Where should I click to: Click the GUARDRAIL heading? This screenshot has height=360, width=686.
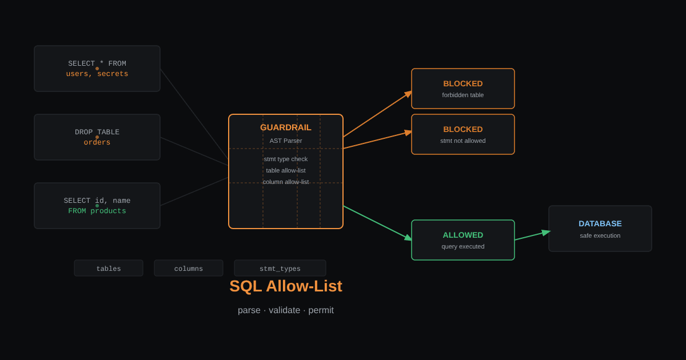(285, 127)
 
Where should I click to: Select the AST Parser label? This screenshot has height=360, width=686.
(285, 141)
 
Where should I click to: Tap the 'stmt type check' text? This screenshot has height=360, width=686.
(285, 159)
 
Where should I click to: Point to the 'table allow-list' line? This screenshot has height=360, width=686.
(285, 170)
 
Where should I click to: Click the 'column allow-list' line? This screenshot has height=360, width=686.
(285, 182)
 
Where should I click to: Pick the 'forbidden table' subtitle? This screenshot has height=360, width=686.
(462, 95)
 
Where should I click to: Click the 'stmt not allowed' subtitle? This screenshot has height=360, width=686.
(462, 141)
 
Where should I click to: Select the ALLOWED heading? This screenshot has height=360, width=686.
(462, 235)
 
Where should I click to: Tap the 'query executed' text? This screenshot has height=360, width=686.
(462, 247)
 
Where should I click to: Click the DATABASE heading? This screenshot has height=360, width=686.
(600, 224)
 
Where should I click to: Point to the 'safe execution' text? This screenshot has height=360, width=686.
(600, 235)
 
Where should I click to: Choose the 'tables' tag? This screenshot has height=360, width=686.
(109, 268)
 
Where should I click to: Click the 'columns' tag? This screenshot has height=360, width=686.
(188, 268)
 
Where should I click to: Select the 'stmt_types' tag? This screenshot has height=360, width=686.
(280, 268)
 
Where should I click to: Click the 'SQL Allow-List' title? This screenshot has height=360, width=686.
(286, 286)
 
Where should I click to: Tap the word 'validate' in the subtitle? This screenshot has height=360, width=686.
(284, 310)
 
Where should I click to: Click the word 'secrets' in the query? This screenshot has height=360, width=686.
(113, 74)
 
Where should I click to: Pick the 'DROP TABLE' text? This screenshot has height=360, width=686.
(97, 132)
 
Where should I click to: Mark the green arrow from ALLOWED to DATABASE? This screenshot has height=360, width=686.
(533, 235)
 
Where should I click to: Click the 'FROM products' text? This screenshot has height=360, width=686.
(97, 211)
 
